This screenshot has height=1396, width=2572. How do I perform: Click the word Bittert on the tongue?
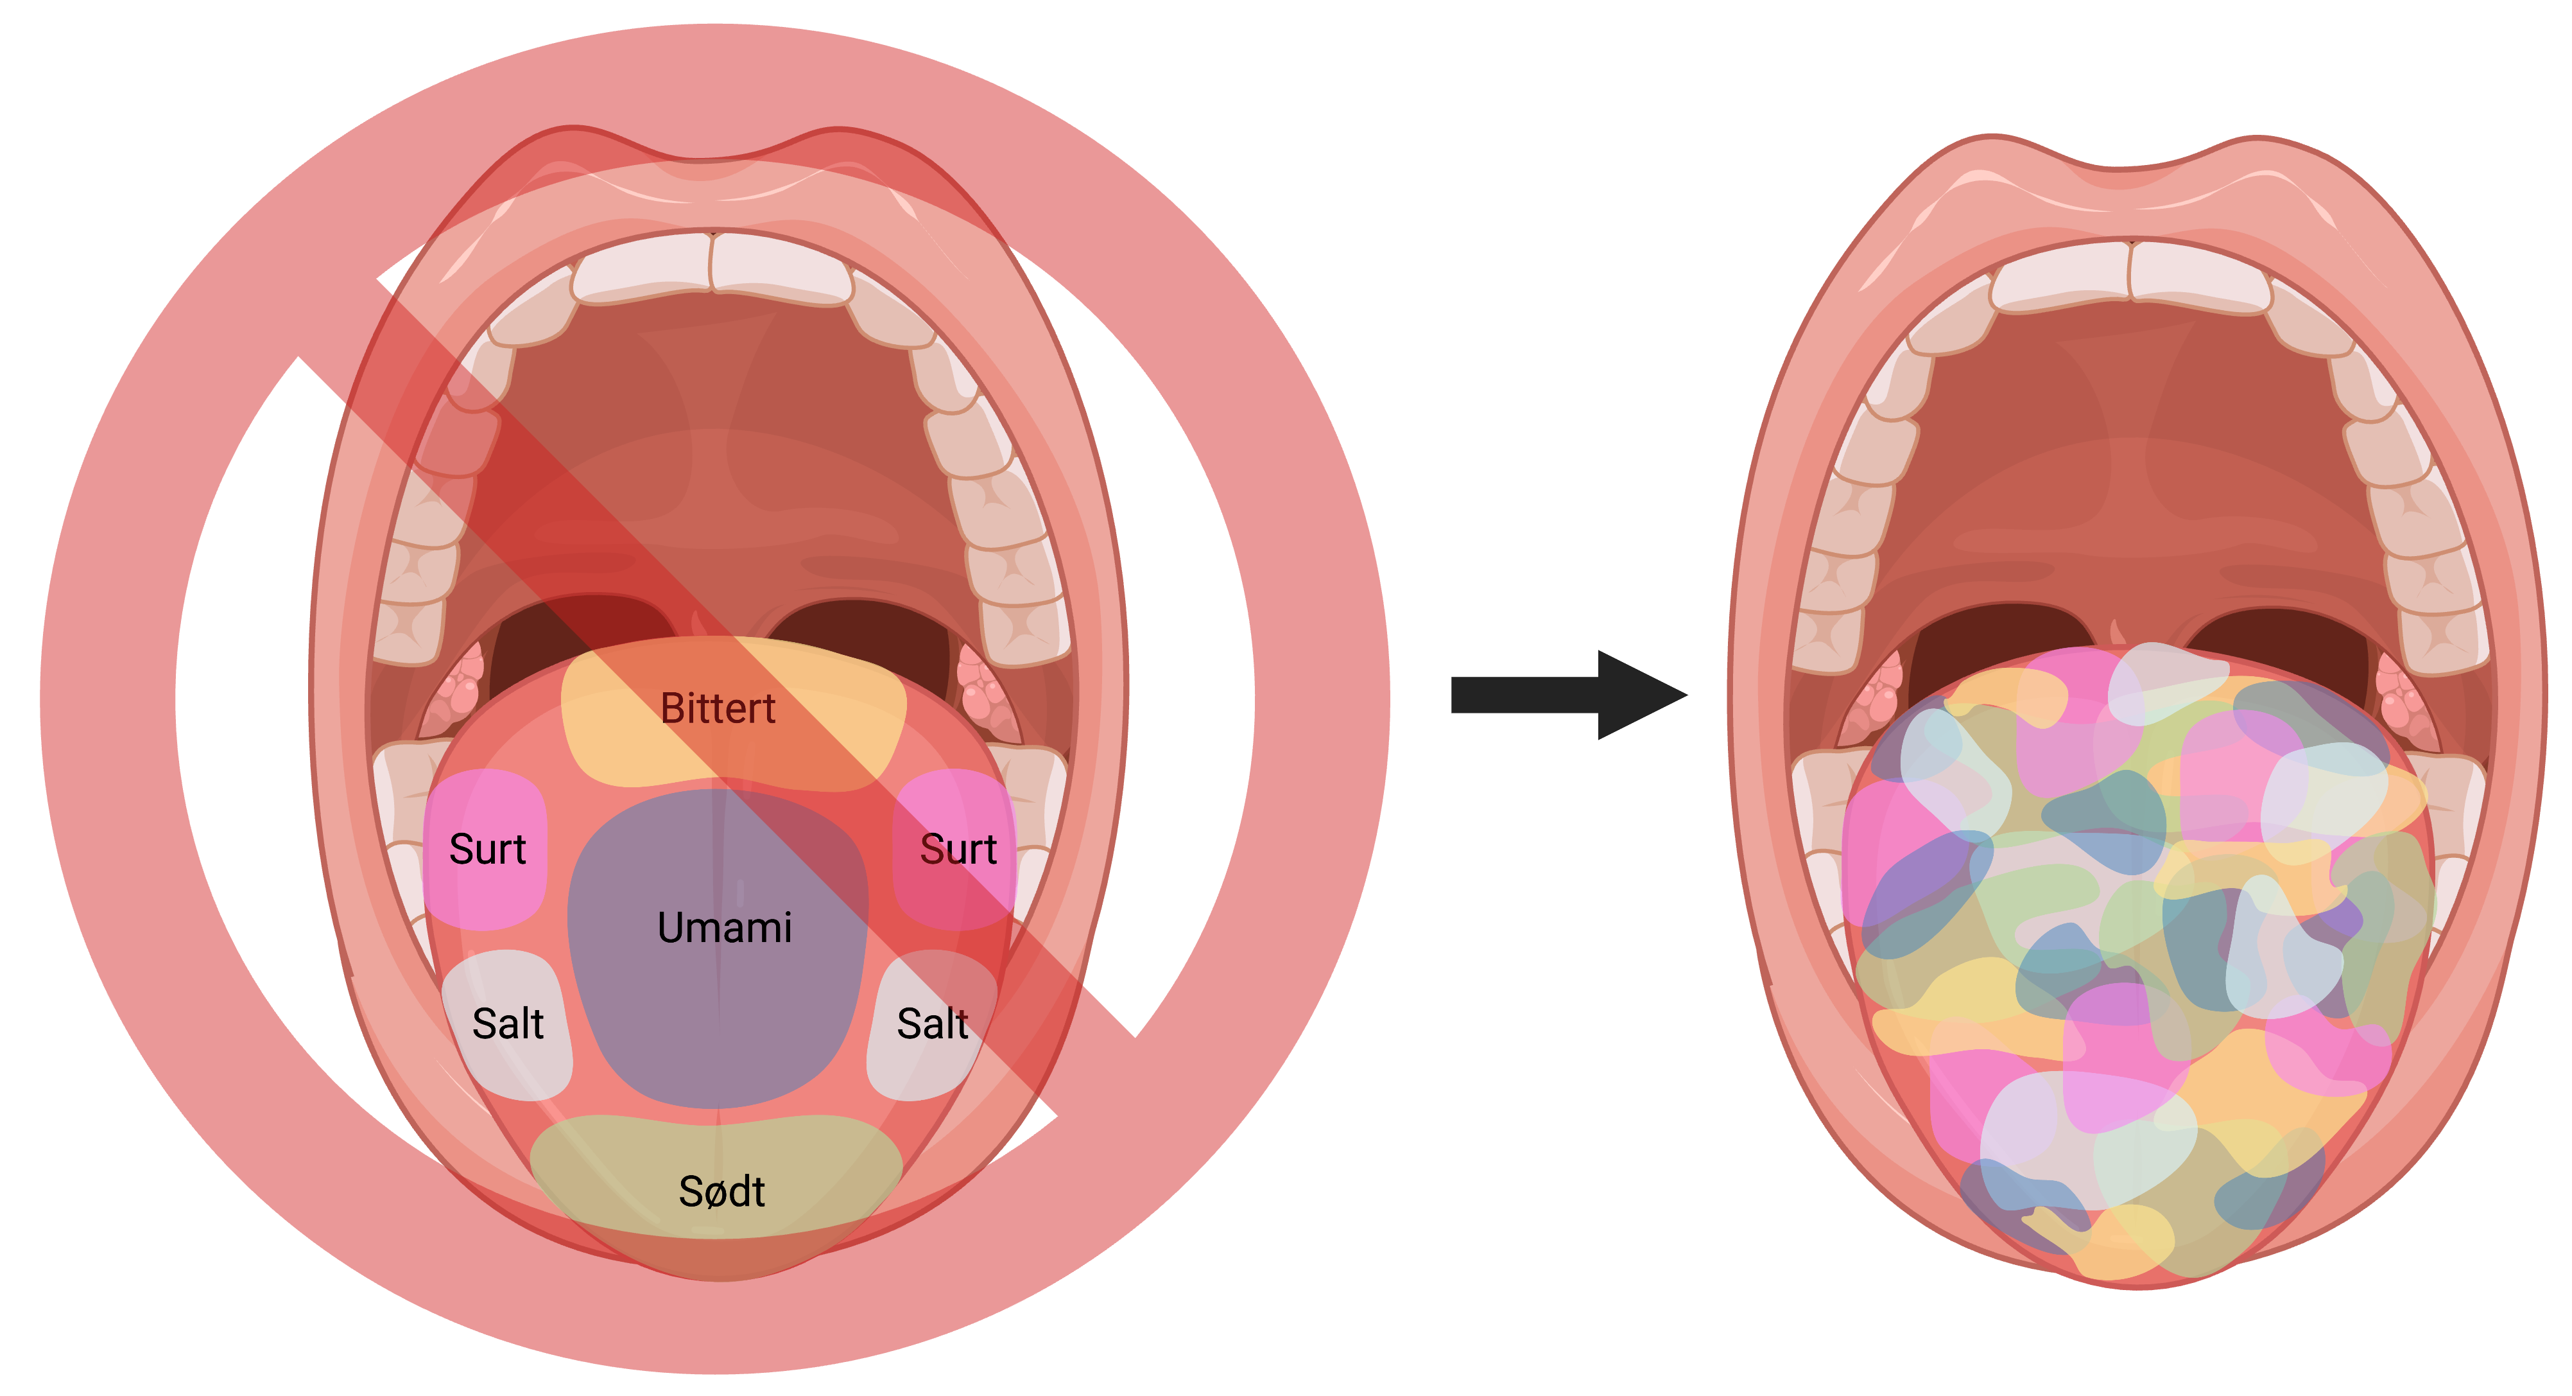coord(718,709)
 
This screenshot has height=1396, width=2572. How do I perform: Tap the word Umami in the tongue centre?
coord(725,929)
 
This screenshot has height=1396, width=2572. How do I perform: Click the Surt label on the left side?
coord(487,850)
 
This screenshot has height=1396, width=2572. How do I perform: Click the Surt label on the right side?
coord(958,850)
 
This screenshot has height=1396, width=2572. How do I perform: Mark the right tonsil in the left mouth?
coord(983,689)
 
